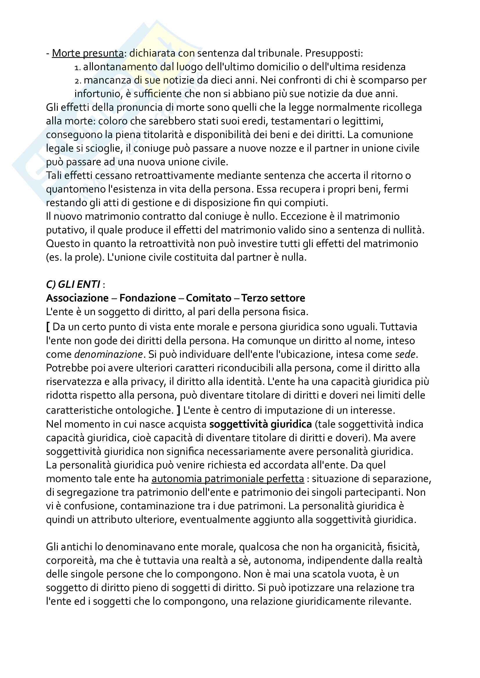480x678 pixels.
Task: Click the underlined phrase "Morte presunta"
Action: [x=87, y=53]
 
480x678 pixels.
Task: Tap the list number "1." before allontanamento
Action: [x=78, y=68]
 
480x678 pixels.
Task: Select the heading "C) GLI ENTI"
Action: [x=73, y=284]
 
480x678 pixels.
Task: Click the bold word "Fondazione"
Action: [x=148, y=298]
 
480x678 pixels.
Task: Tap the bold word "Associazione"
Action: [x=77, y=298]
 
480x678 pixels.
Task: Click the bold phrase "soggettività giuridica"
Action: [x=260, y=424]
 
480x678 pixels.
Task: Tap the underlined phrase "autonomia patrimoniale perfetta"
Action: [x=228, y=479]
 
